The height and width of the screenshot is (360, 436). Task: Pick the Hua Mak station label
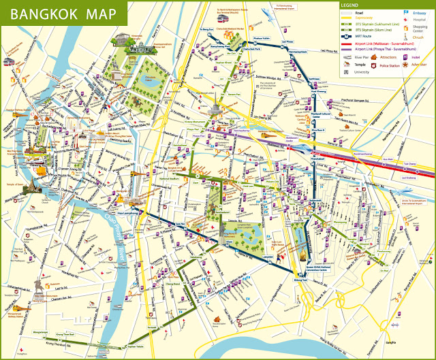389,159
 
